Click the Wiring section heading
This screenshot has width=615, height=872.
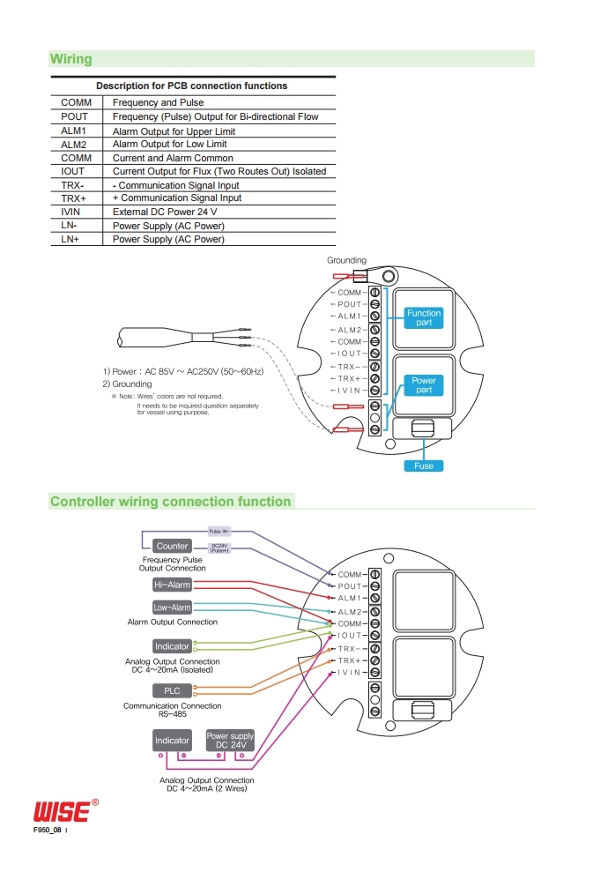(71, 59)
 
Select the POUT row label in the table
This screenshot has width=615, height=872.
(74, 116)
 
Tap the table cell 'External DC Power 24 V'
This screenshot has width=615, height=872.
(165, 212)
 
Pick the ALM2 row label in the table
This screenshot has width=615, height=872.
(74, 145)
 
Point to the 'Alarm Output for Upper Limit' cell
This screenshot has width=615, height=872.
(174, 131)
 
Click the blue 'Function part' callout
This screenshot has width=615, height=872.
(424, 317)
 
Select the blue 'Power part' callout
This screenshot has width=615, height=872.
(424, 384)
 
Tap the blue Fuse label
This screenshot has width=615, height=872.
(424, 466)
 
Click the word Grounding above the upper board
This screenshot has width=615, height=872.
(346, 260)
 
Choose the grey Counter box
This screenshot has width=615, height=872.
(172, 546)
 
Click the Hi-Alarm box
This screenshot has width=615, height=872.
(172, 585)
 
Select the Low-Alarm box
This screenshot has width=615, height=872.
(172, 607)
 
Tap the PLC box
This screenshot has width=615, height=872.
(172, 690)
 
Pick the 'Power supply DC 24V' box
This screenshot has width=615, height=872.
(230, 741)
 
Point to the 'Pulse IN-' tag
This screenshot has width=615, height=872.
(219, 531)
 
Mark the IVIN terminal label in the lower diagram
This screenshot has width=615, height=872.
(349, 673)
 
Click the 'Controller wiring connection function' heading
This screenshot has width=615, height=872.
(171, 502)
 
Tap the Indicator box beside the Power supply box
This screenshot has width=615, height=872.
(172, 741)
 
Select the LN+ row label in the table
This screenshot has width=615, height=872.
(70, 239)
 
